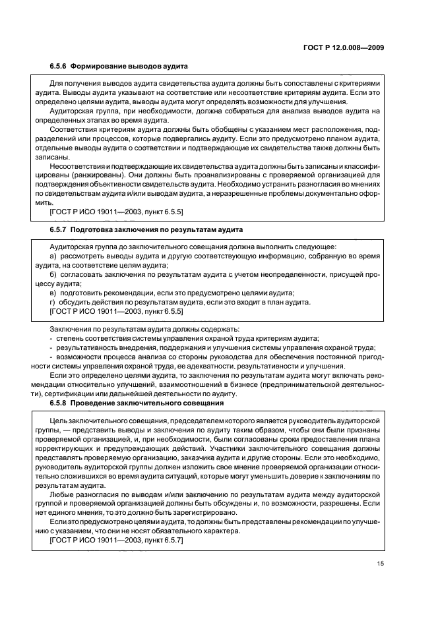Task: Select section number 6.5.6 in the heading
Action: click(x=59, y=66)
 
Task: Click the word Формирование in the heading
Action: click(x=101, y=66)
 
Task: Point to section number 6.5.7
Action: click(x=59, y=229)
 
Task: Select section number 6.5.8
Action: click(x=59, y=402)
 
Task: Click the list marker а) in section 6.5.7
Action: click(x=53, y=254)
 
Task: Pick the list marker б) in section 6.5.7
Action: click(x=53, y=274)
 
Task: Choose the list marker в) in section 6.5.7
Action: click(x=53, y=292)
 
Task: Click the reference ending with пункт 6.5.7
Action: click(x=117, y=540)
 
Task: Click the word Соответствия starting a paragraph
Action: click(x=75, y=130)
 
